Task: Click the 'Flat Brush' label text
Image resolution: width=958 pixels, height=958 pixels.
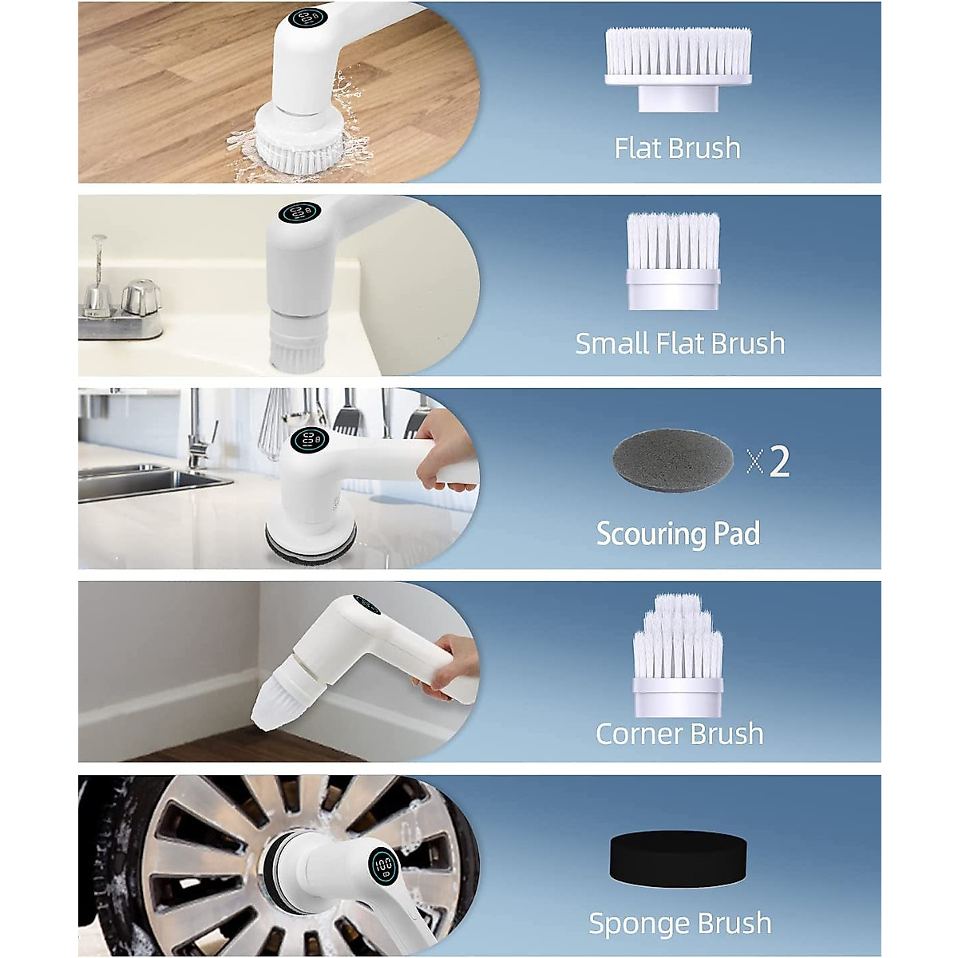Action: tap(677, 148)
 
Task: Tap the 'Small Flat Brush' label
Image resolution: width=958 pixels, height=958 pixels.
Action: tap(680, 343)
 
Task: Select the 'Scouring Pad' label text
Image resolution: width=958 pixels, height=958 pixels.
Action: tap(678, 533)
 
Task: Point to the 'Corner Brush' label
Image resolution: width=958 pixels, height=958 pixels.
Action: tap(679, 734)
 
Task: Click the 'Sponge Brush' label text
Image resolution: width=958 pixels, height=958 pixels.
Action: tap(679, 923)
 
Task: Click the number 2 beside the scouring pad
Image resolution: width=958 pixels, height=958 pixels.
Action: tap(778, 461)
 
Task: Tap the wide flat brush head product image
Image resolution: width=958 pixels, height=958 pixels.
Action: tap(678, 68)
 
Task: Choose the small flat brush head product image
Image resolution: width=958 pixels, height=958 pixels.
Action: tap(673, 260)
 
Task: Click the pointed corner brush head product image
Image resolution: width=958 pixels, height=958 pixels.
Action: tap(678, 655)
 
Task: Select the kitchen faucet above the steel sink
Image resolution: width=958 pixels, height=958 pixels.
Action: tap(198, 435)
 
